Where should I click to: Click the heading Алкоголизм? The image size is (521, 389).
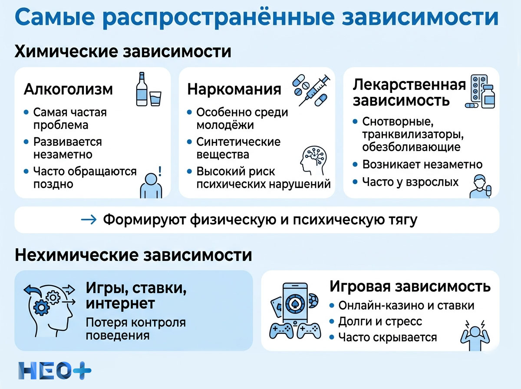click(x=68, y=89)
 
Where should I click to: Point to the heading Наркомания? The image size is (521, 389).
click(x=234, y=89)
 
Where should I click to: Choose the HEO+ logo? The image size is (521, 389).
click(x=55, y=370)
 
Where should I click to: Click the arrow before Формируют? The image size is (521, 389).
click(x=89, y=220)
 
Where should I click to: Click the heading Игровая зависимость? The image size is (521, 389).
click(x=410, y=287)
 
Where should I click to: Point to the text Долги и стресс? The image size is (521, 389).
click(x=380, y=321)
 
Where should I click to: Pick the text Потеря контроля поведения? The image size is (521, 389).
click(x=135, y=329)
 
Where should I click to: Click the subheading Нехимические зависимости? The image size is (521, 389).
click(x=133, y=255)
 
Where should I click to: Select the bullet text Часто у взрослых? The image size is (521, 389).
click(x=411, y=182)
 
